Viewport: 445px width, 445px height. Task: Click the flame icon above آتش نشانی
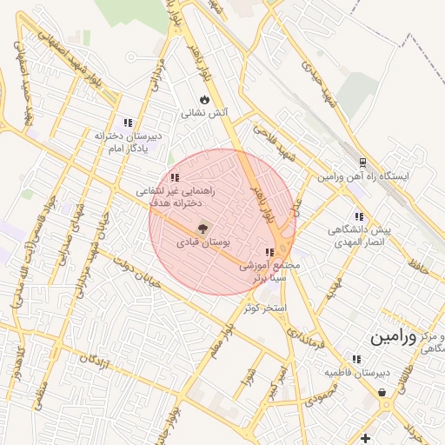click(x=205, y=99)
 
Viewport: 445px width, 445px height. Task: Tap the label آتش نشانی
click(x=204, y=113)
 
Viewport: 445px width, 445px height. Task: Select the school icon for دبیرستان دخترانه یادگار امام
click(x=129, y=123)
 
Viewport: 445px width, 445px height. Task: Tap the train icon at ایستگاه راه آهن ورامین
click(x=362, y=162)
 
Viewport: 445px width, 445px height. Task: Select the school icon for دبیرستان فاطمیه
click(x=355, y=359)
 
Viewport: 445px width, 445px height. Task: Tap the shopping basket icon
click(x=382, y=393)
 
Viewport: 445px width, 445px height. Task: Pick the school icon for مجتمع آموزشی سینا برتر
click(x=280, y=252)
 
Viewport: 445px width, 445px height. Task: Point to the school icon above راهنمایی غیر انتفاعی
click(x=175, y=177)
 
